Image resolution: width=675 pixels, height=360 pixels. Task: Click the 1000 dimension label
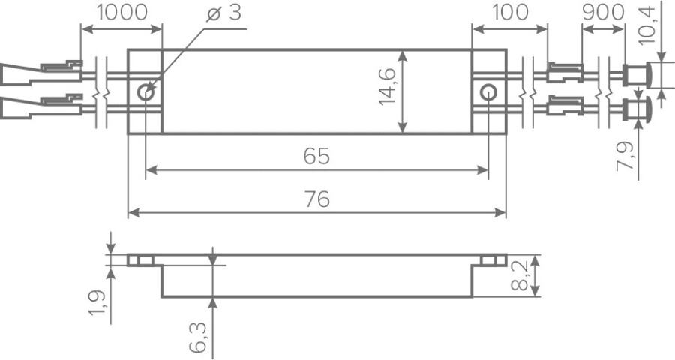pyautogui.click(x=121, y=13)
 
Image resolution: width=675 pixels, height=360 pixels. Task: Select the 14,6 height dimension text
pyautogui.click(x=387, y=86)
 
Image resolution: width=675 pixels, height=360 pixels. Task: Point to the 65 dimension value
pyautogui.click(x=316, y=156)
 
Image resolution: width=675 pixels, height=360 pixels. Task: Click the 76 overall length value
pyautogui.click(x=316, y=199)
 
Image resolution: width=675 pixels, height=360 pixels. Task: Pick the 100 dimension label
pyautogui.click(x=510, y=13)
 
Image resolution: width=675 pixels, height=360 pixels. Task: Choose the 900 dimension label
pyautogui.click(x=603, y=13)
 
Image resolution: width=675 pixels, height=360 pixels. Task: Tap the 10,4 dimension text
pyautogui.click(x=646, y=25)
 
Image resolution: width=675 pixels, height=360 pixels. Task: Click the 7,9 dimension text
pyautogui.click(x=625, y=156)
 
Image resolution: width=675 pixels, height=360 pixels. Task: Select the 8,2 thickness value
pyautogui.click(x=522, y=275)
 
